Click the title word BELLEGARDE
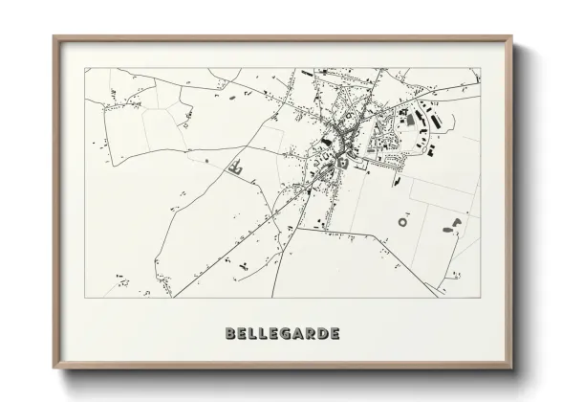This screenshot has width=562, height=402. (x=281, y=334)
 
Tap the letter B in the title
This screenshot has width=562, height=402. (x=229, y=334)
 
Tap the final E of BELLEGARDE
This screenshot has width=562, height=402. (x=333, y=334)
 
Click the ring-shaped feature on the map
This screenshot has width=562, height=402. (x=402, y=222)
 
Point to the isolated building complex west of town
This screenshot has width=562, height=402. (x=236, y=169)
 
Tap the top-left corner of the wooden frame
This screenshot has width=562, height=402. (x=54, y=37)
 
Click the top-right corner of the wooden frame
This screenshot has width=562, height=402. (x=512, y=37)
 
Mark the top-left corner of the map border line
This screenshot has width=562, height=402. (x=84, y=68)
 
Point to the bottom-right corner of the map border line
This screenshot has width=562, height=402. (x=481, y=298)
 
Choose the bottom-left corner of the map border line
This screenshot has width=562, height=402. (x=84, y=298)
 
